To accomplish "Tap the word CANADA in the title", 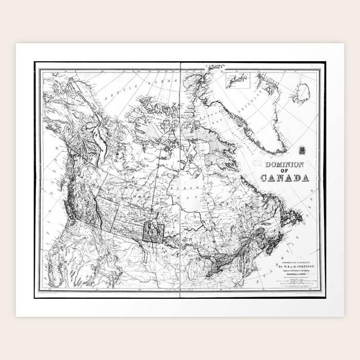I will [284, 179].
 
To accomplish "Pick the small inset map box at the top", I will [237, 79].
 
